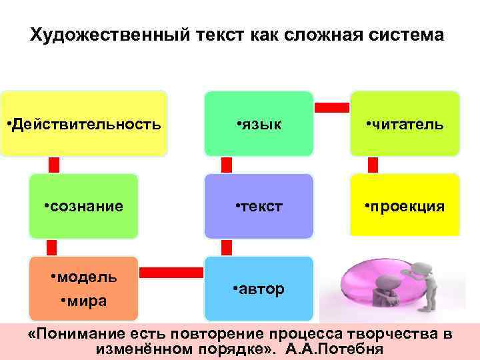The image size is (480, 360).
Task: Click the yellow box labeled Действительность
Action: pos(83,124)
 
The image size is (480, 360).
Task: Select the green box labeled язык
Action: pos(259,124)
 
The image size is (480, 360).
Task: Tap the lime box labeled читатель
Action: pos(405,124)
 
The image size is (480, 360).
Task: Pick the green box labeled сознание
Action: pos(83,206)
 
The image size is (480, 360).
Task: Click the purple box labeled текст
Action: pos(259,206)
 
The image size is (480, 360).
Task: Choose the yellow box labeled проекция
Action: pos(405,206)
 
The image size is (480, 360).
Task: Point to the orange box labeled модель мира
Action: pos(83,287)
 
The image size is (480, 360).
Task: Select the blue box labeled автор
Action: pos(259,289)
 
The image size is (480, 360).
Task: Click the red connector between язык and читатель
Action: pos(331,107)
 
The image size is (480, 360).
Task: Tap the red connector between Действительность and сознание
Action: pos(54,165)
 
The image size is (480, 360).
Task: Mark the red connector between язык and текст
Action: pos(227,165)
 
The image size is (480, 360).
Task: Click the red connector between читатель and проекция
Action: pos(373,165)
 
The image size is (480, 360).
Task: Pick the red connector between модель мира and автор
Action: pos(171,271)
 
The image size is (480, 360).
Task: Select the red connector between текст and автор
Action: pos(227,247)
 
